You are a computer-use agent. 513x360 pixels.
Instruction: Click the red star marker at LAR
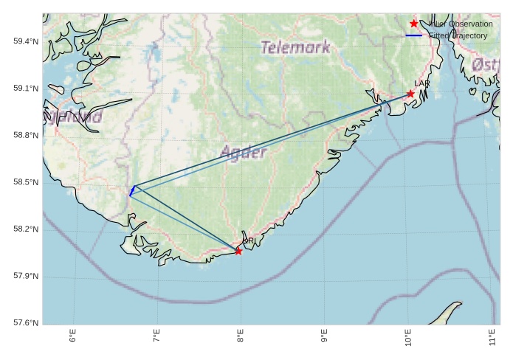410,94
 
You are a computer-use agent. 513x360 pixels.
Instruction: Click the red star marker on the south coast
238,252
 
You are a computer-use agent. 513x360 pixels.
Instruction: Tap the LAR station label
422,84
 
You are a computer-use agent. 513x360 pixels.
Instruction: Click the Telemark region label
295,48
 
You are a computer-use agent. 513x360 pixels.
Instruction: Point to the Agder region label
244,153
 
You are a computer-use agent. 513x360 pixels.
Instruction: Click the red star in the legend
414,24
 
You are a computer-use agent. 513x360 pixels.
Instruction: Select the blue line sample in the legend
413,35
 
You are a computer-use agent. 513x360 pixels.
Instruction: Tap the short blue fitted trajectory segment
132,191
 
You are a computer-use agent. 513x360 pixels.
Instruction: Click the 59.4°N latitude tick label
25,41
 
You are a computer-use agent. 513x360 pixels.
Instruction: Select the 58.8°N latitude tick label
25,136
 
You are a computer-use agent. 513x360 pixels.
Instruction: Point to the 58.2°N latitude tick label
25,229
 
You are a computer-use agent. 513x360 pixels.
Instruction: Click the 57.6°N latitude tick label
25,323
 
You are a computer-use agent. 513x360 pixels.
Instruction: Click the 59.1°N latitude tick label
25,89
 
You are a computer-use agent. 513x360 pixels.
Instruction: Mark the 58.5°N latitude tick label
25,182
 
